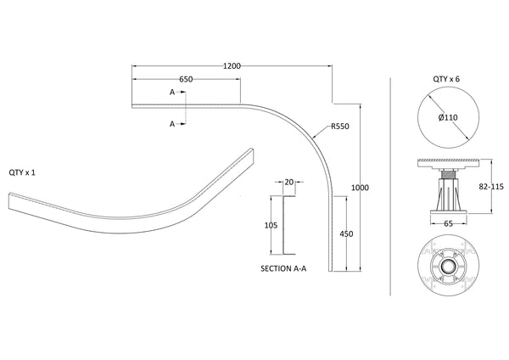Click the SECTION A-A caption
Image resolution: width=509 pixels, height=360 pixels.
(x=284, y=267)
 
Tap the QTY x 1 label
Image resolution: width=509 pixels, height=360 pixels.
(x=22, y=172)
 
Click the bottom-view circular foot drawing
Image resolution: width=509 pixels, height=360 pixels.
(x=448, y=263)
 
